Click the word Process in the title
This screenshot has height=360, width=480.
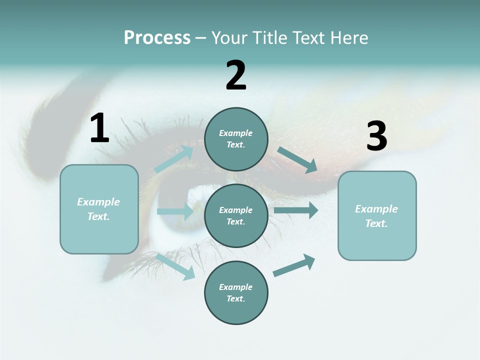[x=157, y=38]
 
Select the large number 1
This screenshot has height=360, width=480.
[x=99, y=128]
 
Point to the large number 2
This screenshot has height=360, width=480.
[x=236, y=75]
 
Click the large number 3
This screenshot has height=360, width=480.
[x=376, y=136]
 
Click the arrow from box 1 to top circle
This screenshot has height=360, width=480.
[x=174, y=159]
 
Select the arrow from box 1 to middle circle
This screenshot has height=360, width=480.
[x=175, y=211]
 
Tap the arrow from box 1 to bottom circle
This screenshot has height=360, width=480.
[x=175, y=266]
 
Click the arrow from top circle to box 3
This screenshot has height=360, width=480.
[x=297, y=160]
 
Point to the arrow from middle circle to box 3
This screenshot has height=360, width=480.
[x=295, y=210]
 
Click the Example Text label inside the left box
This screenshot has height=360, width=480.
[x=98, y=209]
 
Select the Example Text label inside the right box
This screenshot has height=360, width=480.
[x=376, y=216]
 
